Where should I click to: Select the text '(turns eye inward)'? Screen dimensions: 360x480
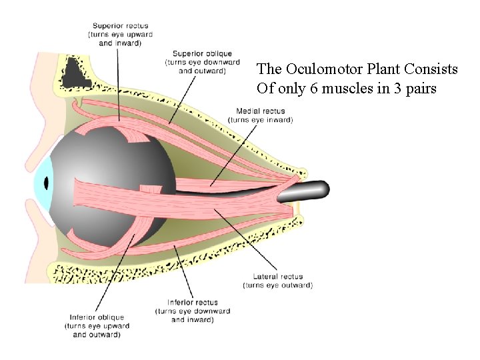coord(260,120)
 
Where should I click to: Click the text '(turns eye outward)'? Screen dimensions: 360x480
coord(277,285)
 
